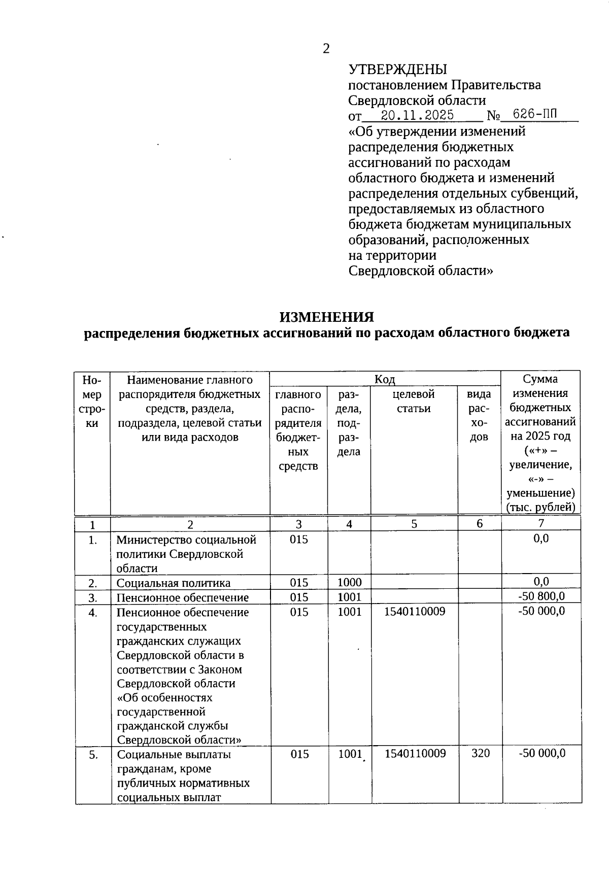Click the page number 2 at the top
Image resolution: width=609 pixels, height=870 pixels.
click(x=326, y=48)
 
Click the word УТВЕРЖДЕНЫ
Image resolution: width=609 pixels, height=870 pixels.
click(x=398, y=69)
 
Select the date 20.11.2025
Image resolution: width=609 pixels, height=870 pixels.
click(x=417, y=115)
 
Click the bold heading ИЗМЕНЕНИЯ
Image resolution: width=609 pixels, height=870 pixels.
click(x=327, y=317)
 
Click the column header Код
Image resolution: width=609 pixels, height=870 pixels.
click(x=385, y=379)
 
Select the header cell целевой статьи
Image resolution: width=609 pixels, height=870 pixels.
click(x=414, y=401)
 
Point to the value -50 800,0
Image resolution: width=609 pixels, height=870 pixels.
click(x=541, y=596)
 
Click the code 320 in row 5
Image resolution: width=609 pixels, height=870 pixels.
click(x=481, y=753)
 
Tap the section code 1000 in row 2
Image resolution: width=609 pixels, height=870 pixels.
click(x=350, y=583)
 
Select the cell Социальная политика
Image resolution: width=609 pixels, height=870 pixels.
click(x=174, y=583)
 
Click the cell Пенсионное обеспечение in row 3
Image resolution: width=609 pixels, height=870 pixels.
click(x=183, y=597)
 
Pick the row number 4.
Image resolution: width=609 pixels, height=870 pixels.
click(x=92, y=613)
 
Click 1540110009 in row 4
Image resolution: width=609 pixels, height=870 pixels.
click(x=415, y=612)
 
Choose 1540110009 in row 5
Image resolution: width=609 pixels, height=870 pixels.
click(x=415, y=753)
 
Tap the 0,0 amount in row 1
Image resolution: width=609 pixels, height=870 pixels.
click(x=541, y=539)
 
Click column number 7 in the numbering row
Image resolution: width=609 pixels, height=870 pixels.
click(x=541, y=523)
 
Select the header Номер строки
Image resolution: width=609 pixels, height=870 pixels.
click(x=92, y=401)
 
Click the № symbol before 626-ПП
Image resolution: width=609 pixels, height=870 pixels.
click(x=493, y=116)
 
